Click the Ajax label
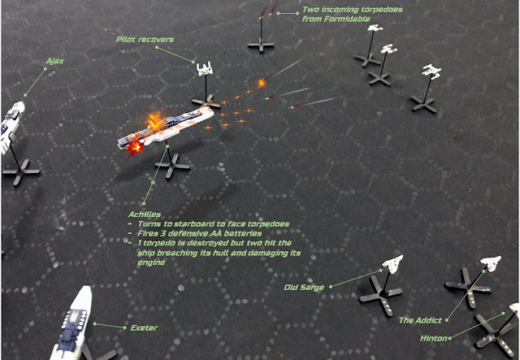[54, 61]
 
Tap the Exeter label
[144, 327]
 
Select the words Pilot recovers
[145, 40]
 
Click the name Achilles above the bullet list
[145, 215]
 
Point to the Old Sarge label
[304, 288]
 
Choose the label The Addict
[420, 320]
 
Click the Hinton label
[433, 338]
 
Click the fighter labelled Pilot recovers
[205, 69]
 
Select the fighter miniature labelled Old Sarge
[392, 264]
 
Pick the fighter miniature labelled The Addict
[492, 263]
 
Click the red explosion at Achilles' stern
[134, 147]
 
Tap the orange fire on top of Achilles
[155, 120]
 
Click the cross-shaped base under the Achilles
[172, 166]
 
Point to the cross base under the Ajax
[21, 171]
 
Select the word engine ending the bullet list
[151, 262]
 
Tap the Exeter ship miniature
[73, 323]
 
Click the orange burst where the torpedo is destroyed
[262, 82]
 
